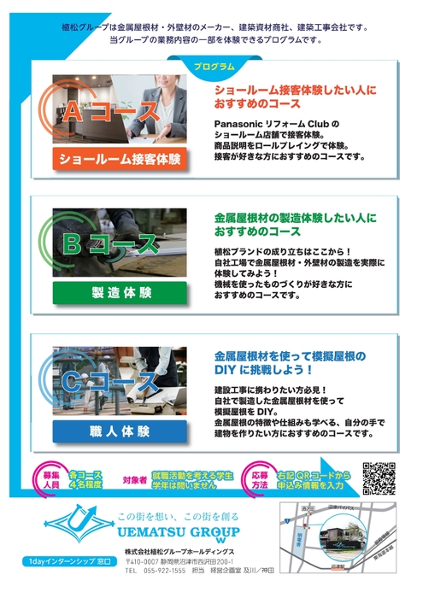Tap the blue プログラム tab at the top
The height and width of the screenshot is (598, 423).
[211, 67]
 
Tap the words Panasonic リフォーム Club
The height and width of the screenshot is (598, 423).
[276, 123]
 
